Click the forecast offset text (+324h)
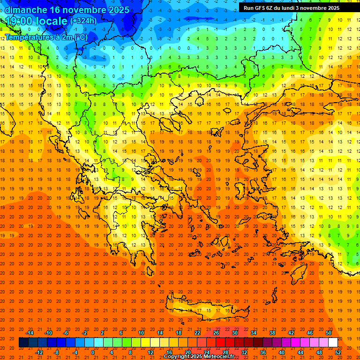tap(83, 21)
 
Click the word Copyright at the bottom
tap(178, 356)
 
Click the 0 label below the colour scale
tap(92, 352)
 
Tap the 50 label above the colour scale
tap(329, 333)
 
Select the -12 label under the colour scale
tap(39, 352)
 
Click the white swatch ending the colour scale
tap(333, 342)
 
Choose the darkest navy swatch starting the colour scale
tap(23, 342)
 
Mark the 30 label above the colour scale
tap(234, 333)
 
